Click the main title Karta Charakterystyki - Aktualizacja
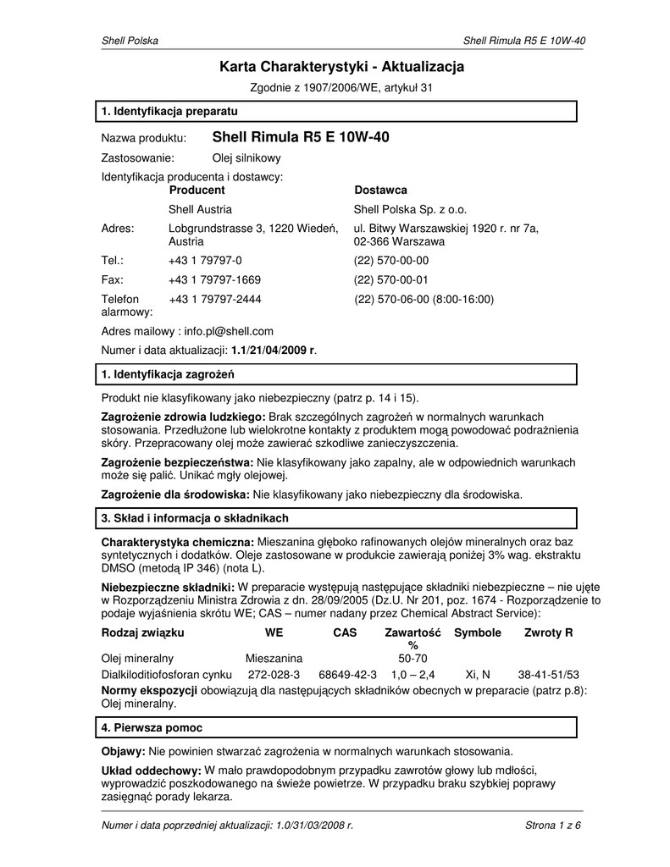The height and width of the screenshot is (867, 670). pyautogui.click(x=342, y=66)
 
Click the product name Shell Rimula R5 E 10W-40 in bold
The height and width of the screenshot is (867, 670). pyautogui.click(x=300, y=137)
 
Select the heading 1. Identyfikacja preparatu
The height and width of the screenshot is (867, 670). pyautogui.click(x=169, y=111)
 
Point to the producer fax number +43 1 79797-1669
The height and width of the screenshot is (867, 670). pyautogui.click(x=214, y=279)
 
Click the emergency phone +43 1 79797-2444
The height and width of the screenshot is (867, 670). pyautogui.click(x=214, y=299)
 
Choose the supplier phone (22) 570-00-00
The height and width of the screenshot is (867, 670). pyautogui.click(x=391, y=260)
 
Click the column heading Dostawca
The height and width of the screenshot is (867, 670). pyautogui.click(x=380, y=191)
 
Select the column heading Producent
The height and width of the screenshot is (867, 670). pyautogui.click(x=197, y=191)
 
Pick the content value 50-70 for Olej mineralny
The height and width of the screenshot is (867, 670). pyautogui.click(x=413, y=658)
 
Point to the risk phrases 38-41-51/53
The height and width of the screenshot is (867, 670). pyautogui.click(x=548, y=675)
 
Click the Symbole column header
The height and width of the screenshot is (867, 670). pyautogui.click(x=478, y=633)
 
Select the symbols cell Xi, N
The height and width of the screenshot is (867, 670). pyautogui.click(x=478, y=675)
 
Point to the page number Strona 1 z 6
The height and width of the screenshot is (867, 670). pyautogui.click(x=553, y=824)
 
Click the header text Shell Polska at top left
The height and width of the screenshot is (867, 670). pyautogui.click(x=130, y=41)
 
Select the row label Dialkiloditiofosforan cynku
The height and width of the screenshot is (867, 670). pyautogui.click(x=166, y=675)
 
